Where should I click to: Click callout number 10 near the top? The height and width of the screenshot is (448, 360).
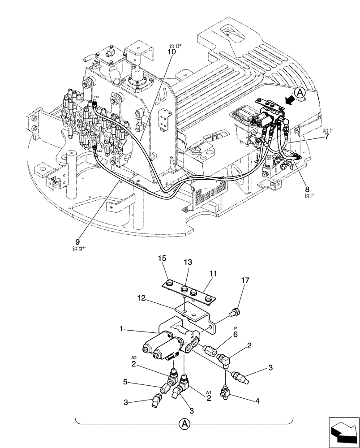(171, 52)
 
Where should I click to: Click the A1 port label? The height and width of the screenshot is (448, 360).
(208, 392)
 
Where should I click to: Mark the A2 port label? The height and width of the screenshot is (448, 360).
(133, 358)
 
